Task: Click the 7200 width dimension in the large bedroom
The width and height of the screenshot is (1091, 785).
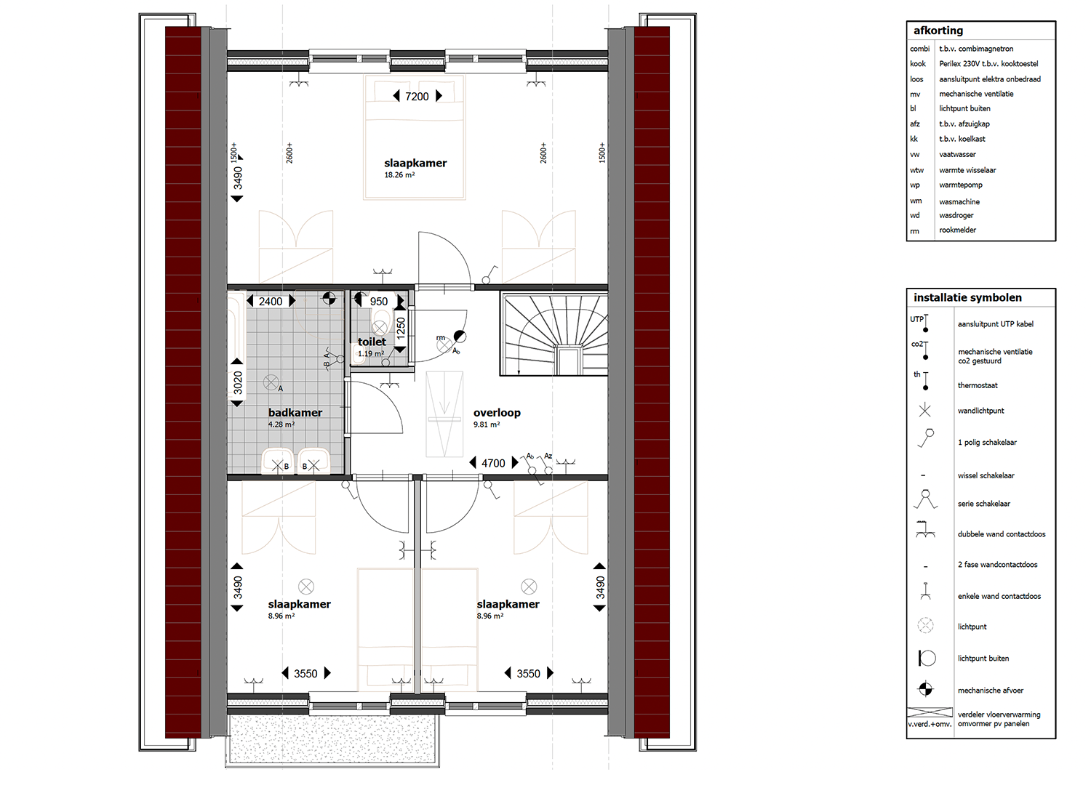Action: point(417,97)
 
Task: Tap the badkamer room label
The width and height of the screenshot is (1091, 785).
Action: point(295,413)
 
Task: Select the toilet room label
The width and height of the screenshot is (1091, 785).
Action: point(372,342)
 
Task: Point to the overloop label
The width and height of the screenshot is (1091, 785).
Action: point(497,413)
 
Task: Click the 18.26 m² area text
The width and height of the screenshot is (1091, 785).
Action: point(399,175)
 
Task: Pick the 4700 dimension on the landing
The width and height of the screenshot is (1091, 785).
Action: point(493,463)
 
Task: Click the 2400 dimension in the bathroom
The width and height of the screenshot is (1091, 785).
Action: point(271,302)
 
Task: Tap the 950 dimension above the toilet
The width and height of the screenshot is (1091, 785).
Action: point(378,302)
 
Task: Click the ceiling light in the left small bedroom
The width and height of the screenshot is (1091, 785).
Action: point(306,587)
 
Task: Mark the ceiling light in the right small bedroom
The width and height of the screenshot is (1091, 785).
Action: point(529,587)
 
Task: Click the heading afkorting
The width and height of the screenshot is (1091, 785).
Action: point(938,31)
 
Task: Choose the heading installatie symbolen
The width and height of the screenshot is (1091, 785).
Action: point(967,298)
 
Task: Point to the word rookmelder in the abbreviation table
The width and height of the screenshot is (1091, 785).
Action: point(958,230)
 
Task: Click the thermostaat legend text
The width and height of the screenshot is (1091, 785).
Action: point(978,385)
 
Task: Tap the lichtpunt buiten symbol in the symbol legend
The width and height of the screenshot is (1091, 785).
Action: point(927,658)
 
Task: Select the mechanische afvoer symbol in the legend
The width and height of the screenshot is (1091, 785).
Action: point(925,689)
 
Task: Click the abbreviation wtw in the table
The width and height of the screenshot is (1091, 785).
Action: point(916,170)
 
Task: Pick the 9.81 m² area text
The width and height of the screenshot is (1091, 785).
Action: point(487,424)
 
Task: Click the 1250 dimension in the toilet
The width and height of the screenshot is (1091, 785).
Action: point(400,329)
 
